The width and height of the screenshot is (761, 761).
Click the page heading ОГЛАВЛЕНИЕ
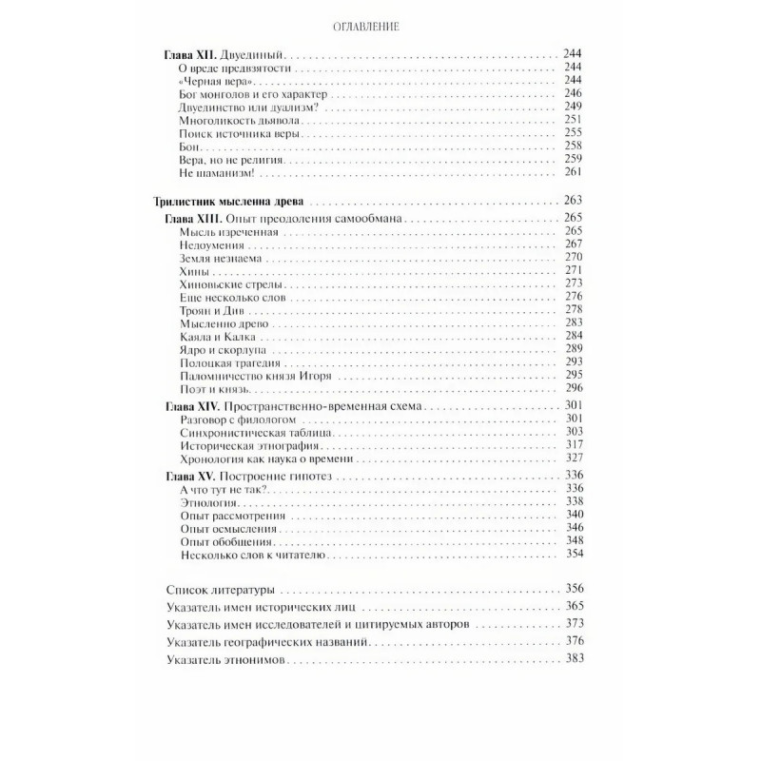(380, 27)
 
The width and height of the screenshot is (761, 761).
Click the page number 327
(572, 459)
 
